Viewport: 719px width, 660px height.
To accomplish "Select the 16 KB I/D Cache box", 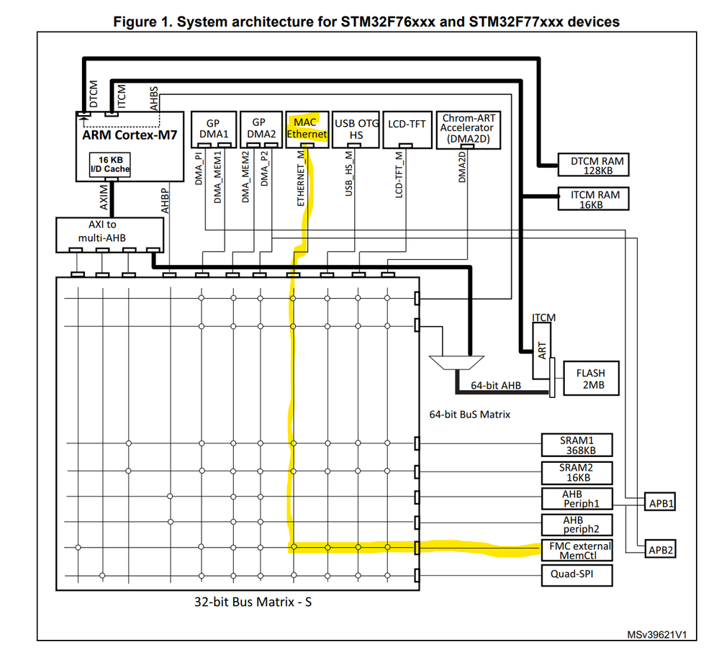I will (x=109, y=165).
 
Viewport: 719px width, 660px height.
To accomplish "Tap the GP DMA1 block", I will (x=213, y=130).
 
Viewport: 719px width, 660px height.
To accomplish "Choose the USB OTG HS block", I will (x=356, y=130).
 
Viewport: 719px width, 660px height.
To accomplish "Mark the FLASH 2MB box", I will (x=590, y=379).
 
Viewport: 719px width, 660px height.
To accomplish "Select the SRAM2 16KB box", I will (x=577, y=472).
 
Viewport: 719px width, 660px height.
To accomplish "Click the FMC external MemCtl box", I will (x=577, y=551).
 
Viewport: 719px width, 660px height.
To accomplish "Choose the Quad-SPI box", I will (x=577, y=575).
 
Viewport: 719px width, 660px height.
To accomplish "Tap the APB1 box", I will (x=661, y=503).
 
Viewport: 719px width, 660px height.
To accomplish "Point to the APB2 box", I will (x=661, y=551).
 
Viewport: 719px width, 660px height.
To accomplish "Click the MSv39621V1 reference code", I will (x=657, y=636).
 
